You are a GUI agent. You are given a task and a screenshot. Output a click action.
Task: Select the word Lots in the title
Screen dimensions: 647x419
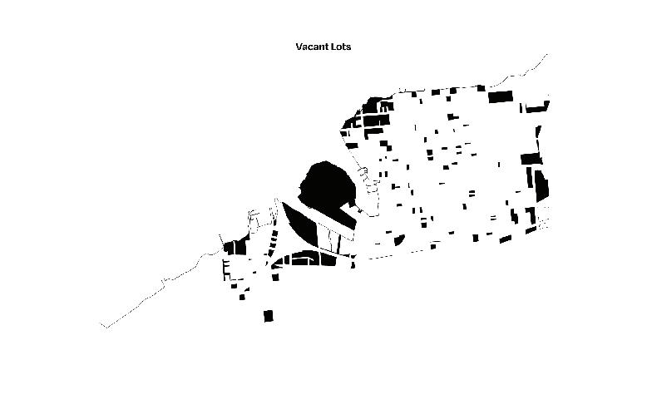pyautogui.click(x=341, y=47)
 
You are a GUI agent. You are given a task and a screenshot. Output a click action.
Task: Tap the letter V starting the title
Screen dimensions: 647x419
pyautogui.click(x=299, y=47)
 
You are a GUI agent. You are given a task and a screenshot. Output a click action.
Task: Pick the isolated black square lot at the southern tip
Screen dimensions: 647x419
pyautogui.click(x=268, y=316)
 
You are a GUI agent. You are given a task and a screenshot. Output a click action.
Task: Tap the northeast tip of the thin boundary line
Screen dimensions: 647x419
pyautogui.click(x=547, y=54)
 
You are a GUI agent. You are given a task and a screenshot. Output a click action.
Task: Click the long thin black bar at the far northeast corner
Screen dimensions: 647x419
pyautogui.click(x=536, y=107)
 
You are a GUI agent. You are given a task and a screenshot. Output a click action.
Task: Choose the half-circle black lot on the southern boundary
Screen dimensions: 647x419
pyautogui.click(x=399, y=240)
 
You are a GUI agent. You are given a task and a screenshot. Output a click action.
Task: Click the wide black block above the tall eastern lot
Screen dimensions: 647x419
pyautogui.click(x=531, y=158)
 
